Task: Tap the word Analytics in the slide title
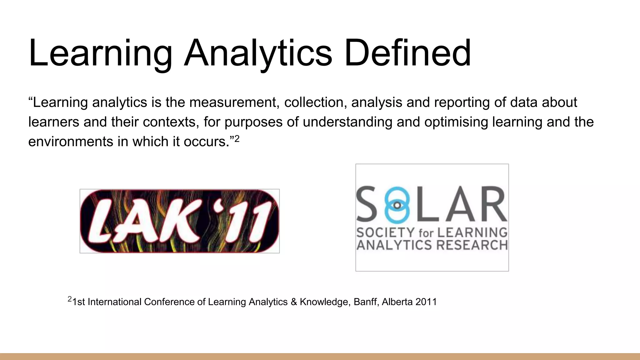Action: (258, 53)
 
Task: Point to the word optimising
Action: (456, 122)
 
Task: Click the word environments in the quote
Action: (71, 142)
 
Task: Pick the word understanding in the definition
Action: (347, 122)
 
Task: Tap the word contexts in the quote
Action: (171, 122)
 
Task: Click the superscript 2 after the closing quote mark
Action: (237, 139)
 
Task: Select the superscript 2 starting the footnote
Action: (70, 299)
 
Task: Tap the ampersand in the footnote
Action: (293, 302)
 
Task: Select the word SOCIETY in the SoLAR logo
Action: (385, 233)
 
